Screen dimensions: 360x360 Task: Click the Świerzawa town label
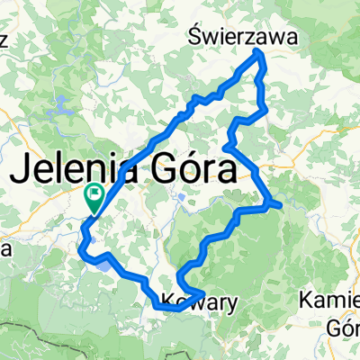click(x=243, y=34)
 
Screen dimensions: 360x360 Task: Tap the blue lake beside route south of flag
click(x=105, y=264)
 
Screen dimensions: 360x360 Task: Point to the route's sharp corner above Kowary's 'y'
click(x=201, y=295)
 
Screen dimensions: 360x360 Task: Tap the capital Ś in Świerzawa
click(x=196, y=34)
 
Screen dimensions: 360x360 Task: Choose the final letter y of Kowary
click(x=232, y=305)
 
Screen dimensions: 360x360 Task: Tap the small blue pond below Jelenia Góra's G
click(x=183, y=195)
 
